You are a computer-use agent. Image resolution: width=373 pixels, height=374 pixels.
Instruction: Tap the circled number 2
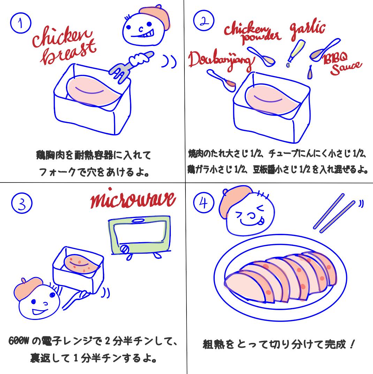click(x=204, y=21)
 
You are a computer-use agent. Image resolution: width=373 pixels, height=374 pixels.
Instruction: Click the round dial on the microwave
click(x=124, y=249)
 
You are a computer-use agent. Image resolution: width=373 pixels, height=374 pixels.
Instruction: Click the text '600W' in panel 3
click(x=18, y=341)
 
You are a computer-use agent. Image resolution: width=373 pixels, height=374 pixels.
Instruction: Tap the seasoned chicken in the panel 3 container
click(x=81, y=264)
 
